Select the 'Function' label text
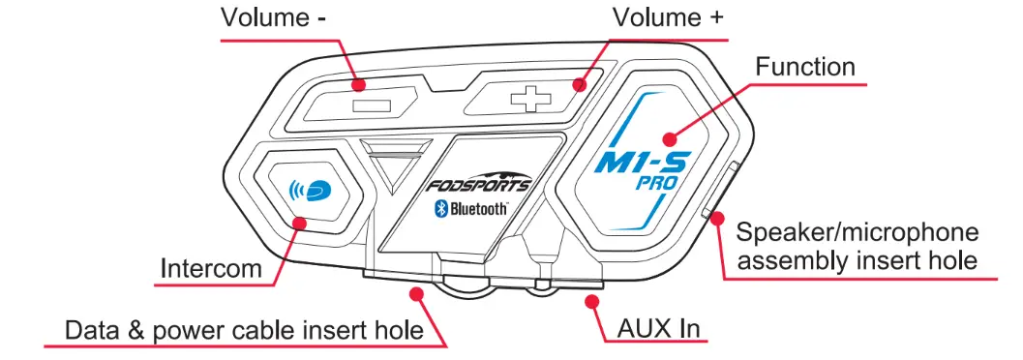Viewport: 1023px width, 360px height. tap(805, 67)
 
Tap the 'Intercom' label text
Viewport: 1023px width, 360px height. tap(211, 267)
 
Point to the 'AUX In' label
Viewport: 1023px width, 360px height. tap(655, 329)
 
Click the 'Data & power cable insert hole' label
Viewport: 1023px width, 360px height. tap(244, 329)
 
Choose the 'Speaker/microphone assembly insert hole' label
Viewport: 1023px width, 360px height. tap(858, 246)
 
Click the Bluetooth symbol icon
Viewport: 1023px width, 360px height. tap(438, 209)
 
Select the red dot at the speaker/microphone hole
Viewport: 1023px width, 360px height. tap(718, 218)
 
